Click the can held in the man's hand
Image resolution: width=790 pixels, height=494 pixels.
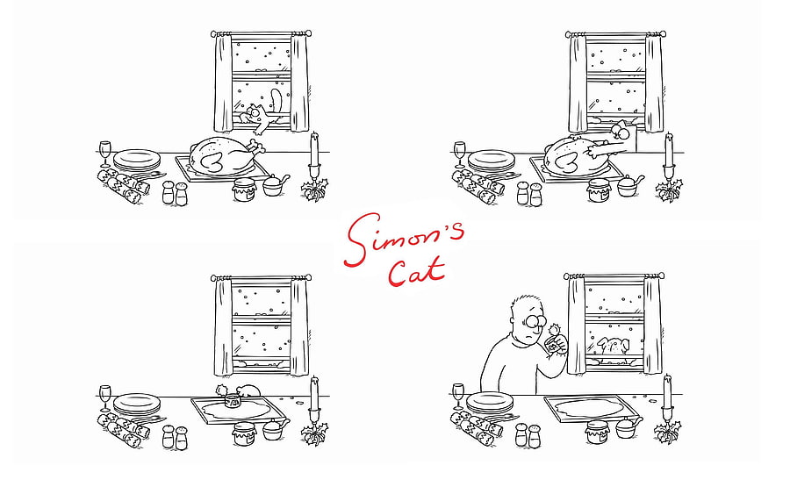553,346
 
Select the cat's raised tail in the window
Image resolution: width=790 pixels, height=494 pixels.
276,101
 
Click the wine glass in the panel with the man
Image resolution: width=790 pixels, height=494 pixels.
458,396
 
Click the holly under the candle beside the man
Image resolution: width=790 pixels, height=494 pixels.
668,432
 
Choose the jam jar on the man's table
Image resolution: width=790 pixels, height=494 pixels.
598,432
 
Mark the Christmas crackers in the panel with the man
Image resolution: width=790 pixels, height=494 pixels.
478,427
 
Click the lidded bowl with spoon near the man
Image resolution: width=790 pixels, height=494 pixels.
628,427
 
